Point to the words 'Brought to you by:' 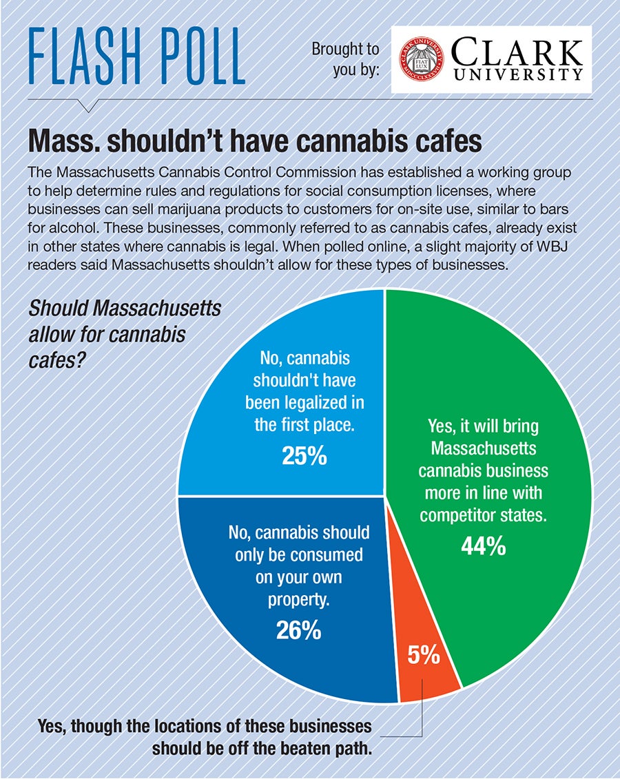tap(345, 59)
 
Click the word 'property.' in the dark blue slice tap(298, 600)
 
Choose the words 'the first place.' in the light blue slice tap(304, 424)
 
